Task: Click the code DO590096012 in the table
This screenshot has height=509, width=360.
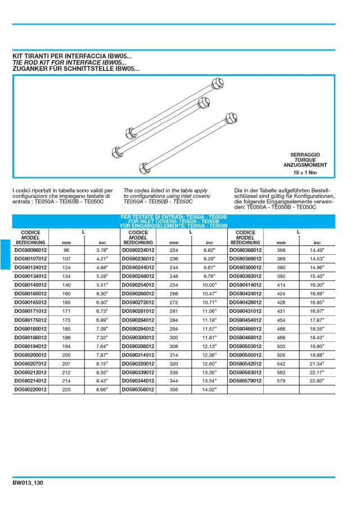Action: click(x=30, y=249)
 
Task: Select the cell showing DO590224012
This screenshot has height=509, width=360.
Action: click(x=138, y=249)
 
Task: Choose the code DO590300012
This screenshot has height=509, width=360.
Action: click(x=138, y=337)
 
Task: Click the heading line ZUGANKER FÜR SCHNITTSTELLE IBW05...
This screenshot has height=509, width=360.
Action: click(x=76, y=69)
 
